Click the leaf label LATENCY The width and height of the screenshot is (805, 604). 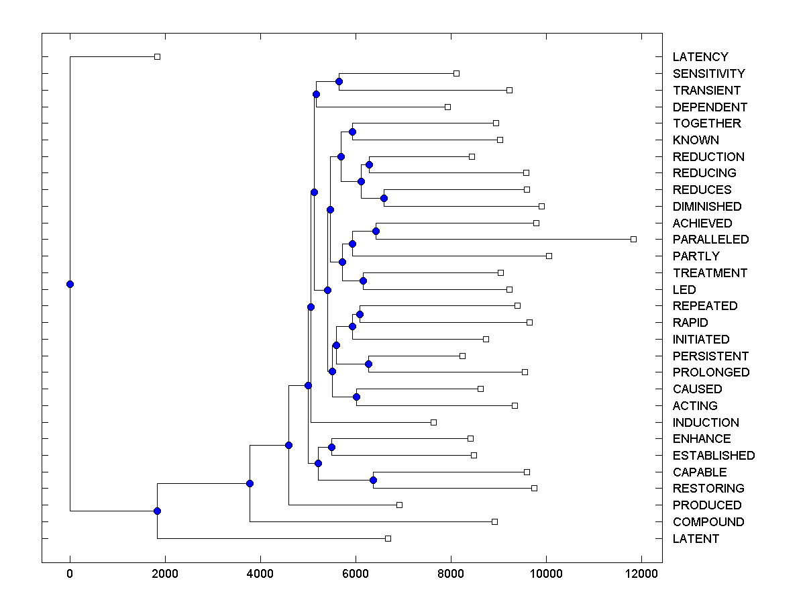pos(700,57)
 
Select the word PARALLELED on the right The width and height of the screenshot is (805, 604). pos(710,240)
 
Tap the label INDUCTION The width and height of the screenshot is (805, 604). pos(706,423)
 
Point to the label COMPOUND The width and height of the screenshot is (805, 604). pos(708,522)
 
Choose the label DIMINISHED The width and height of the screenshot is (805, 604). pos(707,207)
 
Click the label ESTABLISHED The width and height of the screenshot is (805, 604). pos(713,456)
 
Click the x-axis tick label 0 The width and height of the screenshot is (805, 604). pos(70,572)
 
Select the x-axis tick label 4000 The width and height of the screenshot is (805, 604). pos(260,572)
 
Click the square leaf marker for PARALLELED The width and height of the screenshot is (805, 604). pos(633,239)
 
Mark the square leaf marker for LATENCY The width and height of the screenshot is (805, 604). pos(157,56)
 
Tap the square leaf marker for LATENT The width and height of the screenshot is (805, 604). pos(388,538)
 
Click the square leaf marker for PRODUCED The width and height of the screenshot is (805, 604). pos(399,505)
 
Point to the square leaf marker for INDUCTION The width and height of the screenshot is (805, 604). pos(433,422)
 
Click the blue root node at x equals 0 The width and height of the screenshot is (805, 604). pos(70,284)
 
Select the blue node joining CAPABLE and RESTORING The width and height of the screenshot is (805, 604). pos(373,480)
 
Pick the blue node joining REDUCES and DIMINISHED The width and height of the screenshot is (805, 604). pos(384,198)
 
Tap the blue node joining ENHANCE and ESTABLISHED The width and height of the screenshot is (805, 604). pos(331,447)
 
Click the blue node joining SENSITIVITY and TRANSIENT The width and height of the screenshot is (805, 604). pos(339,82)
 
